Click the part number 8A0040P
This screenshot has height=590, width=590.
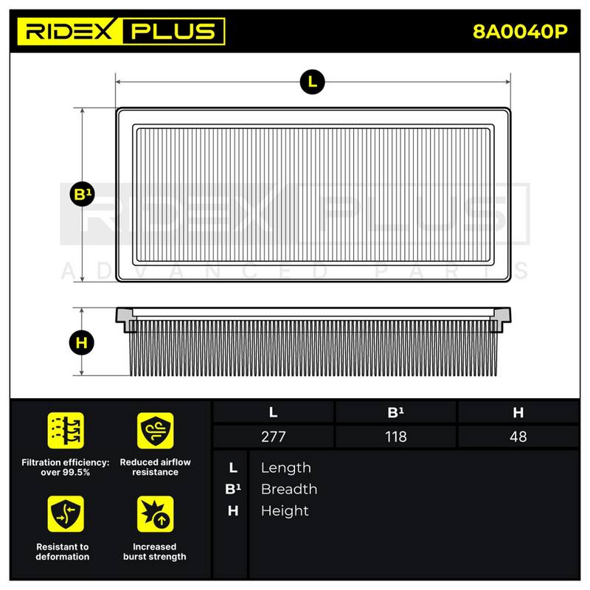point(520,32)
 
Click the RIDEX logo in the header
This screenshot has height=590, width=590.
point(69,31)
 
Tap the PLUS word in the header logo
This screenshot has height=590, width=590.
point(173,31)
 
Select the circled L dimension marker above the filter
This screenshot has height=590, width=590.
point(312,82)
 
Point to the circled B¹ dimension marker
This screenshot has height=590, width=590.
point(82,194)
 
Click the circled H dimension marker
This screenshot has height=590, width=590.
point(82,343)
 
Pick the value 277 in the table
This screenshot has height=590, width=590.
point(273,437)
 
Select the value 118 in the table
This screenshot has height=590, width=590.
point(395,437)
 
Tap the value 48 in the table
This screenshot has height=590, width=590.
point(518,437)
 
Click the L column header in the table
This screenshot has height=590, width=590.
point(273,412)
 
